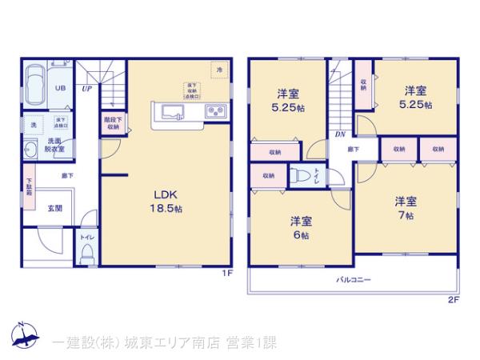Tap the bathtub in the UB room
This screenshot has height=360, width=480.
36,83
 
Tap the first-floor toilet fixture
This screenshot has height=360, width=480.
87,253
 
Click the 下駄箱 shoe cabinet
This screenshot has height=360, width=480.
28,189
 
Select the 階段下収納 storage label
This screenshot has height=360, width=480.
112,123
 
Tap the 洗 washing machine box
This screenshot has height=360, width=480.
33,126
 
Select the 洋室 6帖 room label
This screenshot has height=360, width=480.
300,227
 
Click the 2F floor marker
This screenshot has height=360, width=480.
453,300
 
